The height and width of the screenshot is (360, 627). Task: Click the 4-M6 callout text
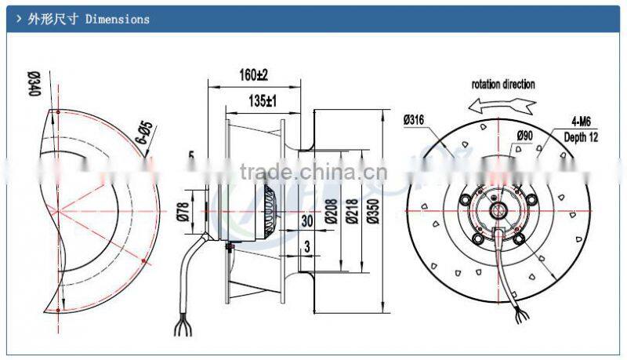click(578, 122)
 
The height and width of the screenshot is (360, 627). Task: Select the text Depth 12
click(581, 136)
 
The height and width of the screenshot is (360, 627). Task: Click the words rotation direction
click(503, 84)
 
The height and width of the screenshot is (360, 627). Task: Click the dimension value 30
click(307, 222)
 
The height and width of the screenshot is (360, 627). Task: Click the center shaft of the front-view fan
click(496, 210)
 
